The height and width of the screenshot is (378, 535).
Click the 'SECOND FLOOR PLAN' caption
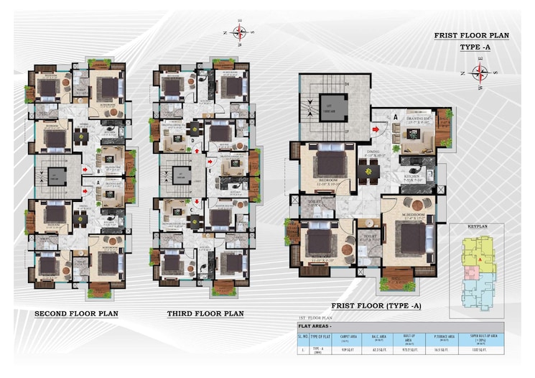tap(77, 314)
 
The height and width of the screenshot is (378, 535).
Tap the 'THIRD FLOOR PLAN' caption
tap(205, 314)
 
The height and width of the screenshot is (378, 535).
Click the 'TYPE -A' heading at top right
tap(476, 47)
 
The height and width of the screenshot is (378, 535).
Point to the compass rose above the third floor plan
tap(239, 32)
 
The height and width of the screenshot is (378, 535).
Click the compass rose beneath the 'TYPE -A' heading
tap(480, 72)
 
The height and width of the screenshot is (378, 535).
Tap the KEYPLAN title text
tap(478, 226)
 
